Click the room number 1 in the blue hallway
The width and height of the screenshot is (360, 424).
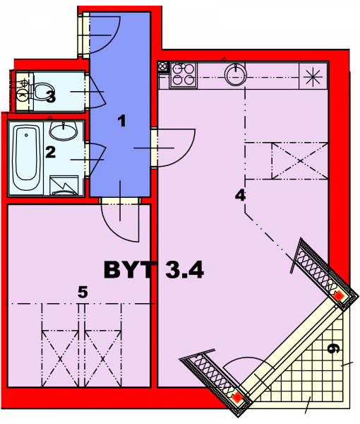click(x=122, y=121)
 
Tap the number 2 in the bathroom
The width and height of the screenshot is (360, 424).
click(x=51, y=152)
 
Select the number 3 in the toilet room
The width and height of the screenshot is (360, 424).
click(x=51, y=97)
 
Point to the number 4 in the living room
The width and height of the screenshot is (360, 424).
click(x=240, y=195)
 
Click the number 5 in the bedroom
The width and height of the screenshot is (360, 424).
click(x=83, y=292)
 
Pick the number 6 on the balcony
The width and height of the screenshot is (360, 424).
click(x=332, y=348)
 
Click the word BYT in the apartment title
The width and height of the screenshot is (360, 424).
click(x=128, y=270)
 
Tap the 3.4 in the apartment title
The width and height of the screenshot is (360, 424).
click(x=184, y=270)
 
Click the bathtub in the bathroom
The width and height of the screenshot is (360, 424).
click(x=26, y=158)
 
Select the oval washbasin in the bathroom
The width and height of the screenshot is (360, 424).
click(x=64, y=131)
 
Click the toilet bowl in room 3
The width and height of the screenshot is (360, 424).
click(x=43, y=91)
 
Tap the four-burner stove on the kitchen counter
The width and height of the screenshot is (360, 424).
click(x=183, y=75)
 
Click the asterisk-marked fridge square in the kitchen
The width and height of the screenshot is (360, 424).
click(x=313, y=76)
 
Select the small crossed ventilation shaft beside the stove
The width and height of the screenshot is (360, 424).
click(x=163, y=66)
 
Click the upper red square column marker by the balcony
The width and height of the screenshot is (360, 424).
click(x=338, y=296)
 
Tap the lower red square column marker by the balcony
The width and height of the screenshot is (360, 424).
click(x=237, y=397)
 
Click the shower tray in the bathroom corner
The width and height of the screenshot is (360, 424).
click(x=64, y=185)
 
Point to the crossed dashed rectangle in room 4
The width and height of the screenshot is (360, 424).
click(x=300, y=161)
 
